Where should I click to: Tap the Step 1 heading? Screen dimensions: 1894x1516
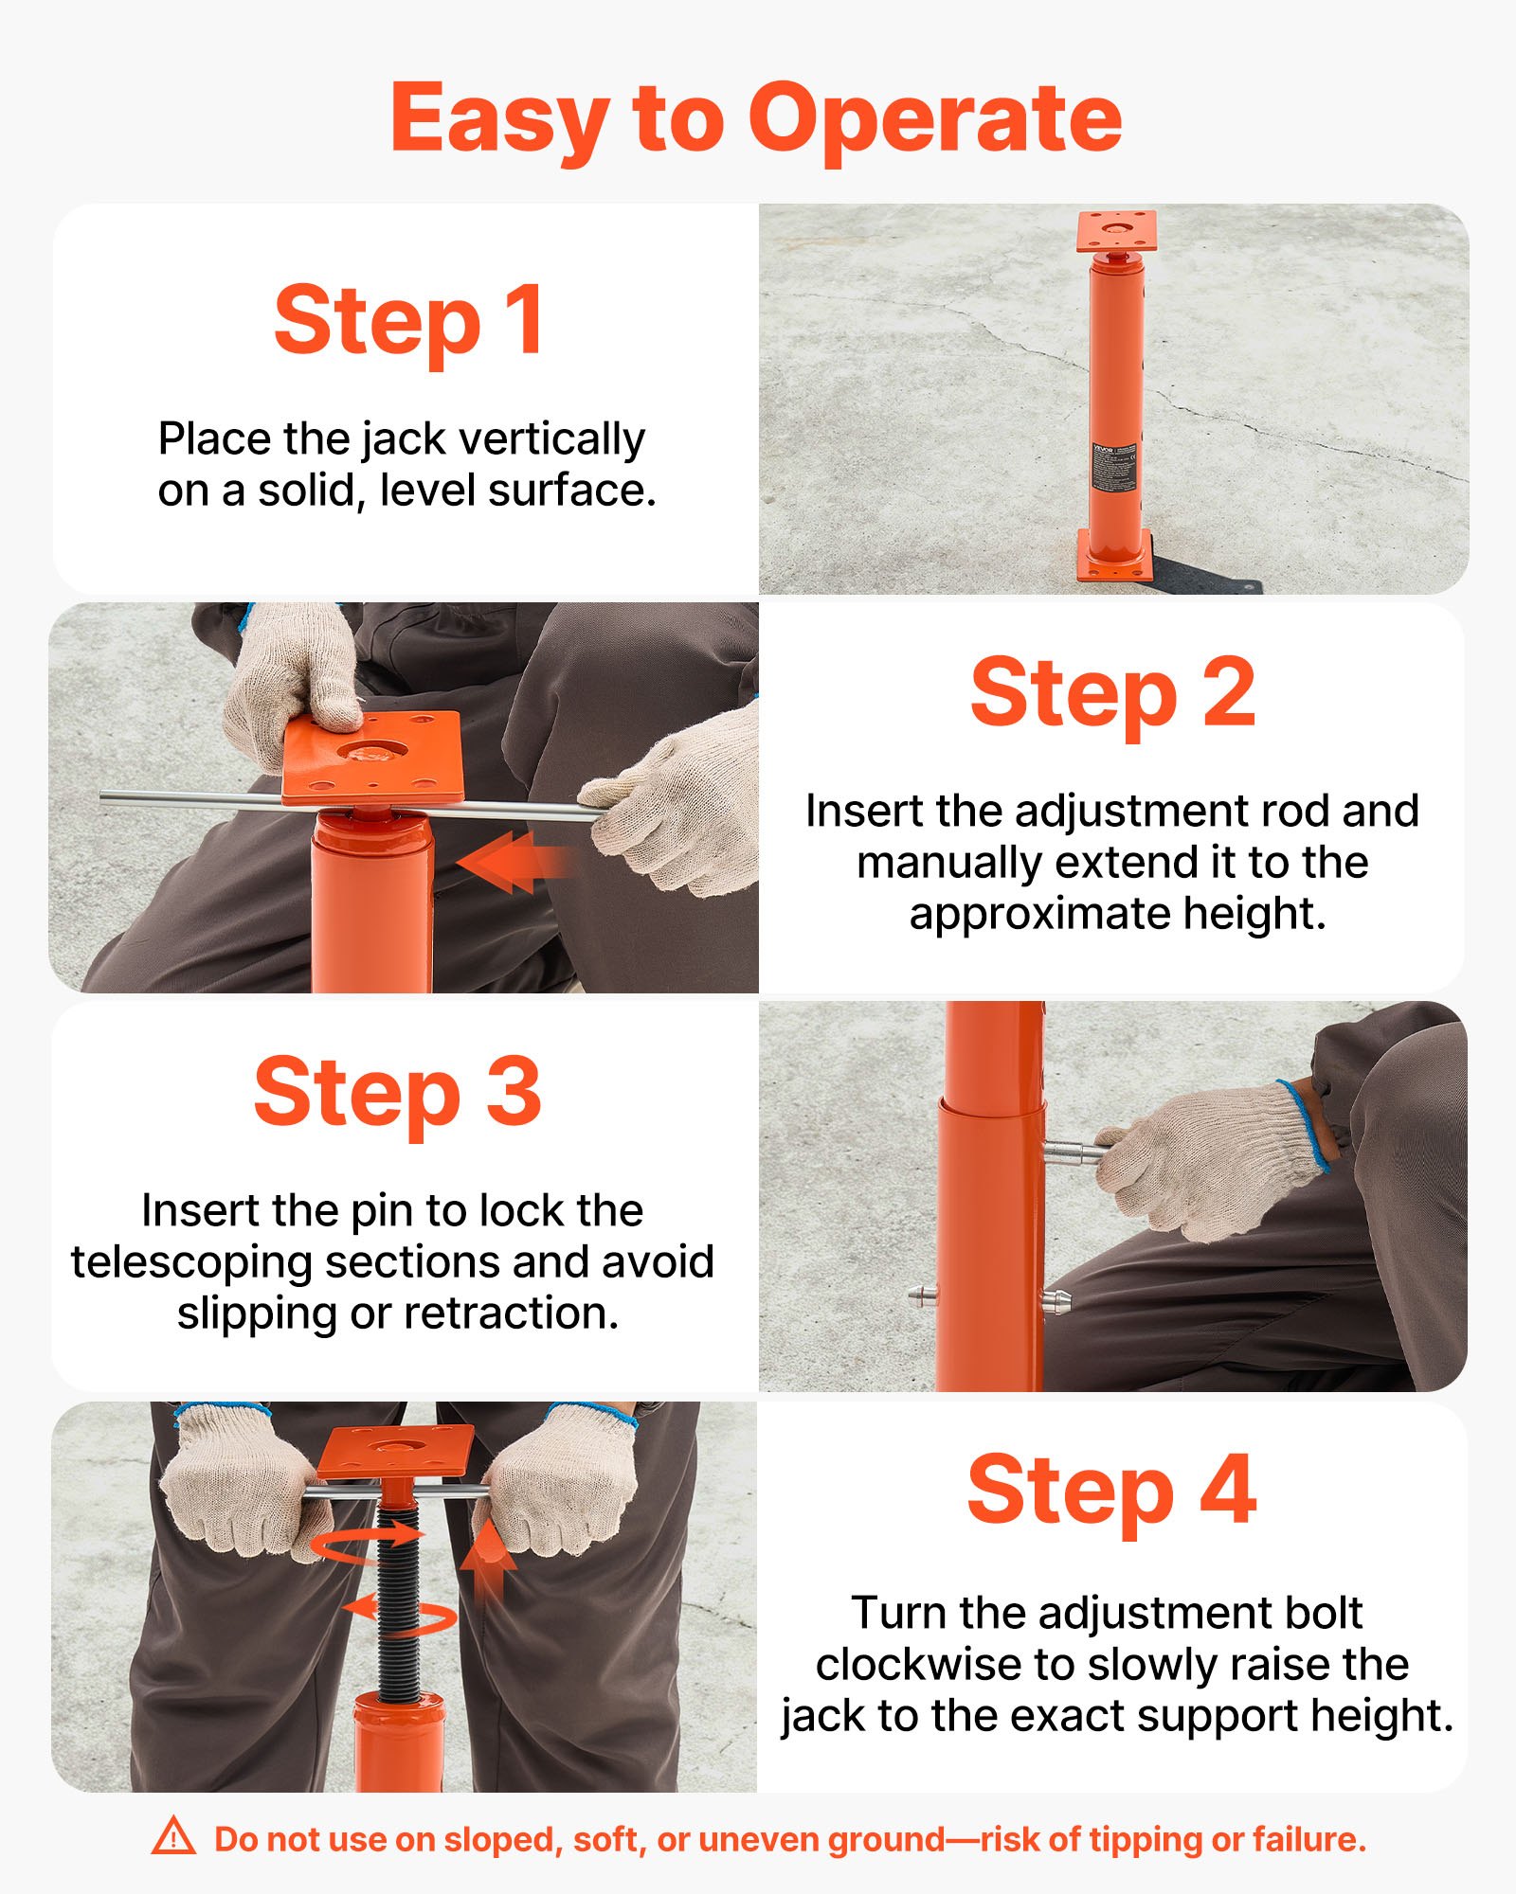(409, 322)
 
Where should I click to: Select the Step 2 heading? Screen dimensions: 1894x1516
(1112, 693)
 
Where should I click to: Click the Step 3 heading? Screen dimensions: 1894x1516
(397, 1093)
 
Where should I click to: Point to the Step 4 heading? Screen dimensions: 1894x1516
(1111, 1492)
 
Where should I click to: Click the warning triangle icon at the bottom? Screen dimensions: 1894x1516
(173, 1837)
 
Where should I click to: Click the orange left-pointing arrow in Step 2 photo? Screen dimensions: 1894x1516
(512, 862)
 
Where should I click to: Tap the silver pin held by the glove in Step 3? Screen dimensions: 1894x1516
(1075, 1152)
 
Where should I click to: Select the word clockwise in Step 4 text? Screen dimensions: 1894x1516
(897, 1665)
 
